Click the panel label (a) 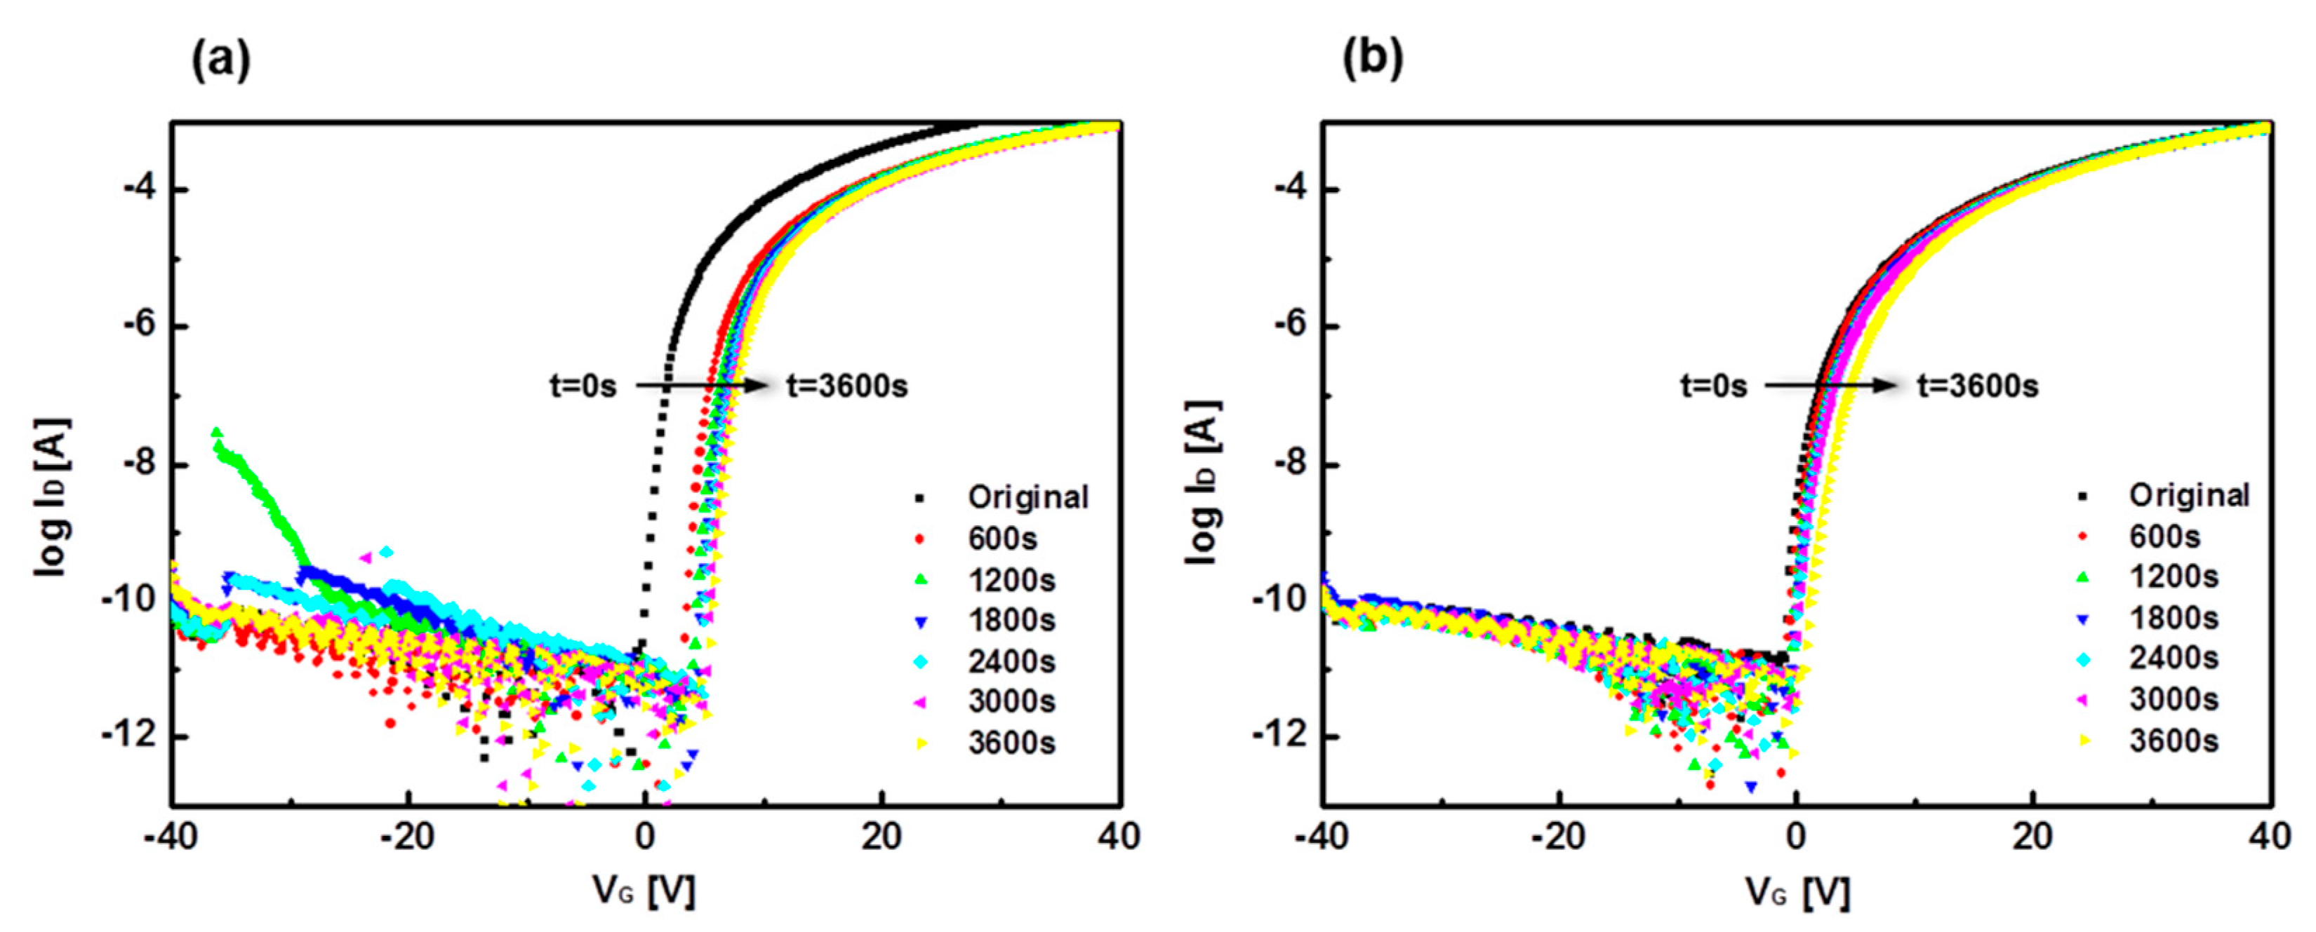pos(221,60)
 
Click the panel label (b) pos(1372,60)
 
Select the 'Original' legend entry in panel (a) pos(1027,497)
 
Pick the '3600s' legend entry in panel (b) pos(2173,741)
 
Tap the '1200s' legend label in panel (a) pos(1011,580)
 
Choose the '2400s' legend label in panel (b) pos(2173,659)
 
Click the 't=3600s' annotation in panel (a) pos(847,386)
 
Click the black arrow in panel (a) pos(701,386)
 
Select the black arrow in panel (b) pos(1830,386)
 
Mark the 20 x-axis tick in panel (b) pos(2032,837)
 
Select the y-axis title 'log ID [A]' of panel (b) pos(1203,482)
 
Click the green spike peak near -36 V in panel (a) pos(215,432)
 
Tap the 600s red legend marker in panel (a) pos(919,539)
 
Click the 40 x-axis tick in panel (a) pos(1119,837)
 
